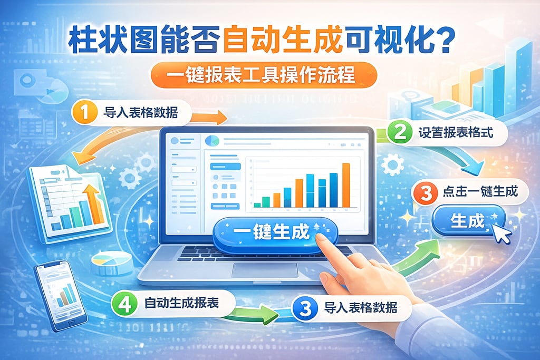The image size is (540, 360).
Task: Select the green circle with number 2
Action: (x=400, y=132)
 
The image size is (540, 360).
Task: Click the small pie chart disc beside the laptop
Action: (x=112, y=261)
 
